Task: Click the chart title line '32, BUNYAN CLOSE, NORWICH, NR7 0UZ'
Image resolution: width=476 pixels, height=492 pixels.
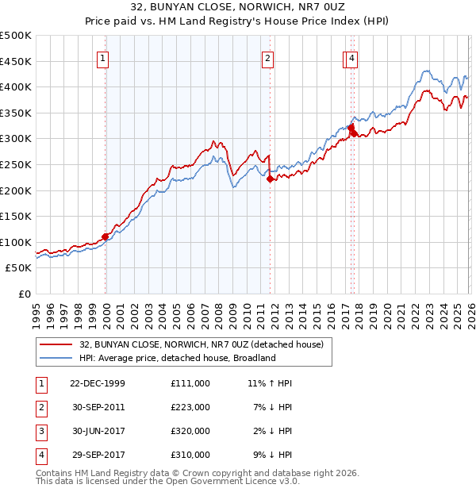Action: [x=237, y=7]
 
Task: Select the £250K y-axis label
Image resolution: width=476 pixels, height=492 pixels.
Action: [x=16, y=164]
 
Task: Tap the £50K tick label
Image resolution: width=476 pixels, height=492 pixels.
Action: [x=19, y=268]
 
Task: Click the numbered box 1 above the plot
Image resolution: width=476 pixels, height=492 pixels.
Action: [x=104, y=58]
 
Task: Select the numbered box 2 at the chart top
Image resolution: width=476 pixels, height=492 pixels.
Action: [x=268, y=58]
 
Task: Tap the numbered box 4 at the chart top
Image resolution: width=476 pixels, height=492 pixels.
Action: [x=351, y=58]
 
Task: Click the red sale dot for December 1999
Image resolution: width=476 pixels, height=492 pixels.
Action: [x=105, y=236]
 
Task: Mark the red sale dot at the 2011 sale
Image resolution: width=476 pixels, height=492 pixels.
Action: [x=270, y=179]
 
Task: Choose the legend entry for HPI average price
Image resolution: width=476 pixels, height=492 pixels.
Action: [x=176, y=358]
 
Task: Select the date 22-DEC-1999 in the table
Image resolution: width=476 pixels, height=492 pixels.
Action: [x=98, y=383]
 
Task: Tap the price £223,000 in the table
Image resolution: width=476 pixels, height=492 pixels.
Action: [x=190, y=407]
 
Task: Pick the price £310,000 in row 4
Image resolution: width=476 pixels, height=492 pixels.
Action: [x=190, y=455]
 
